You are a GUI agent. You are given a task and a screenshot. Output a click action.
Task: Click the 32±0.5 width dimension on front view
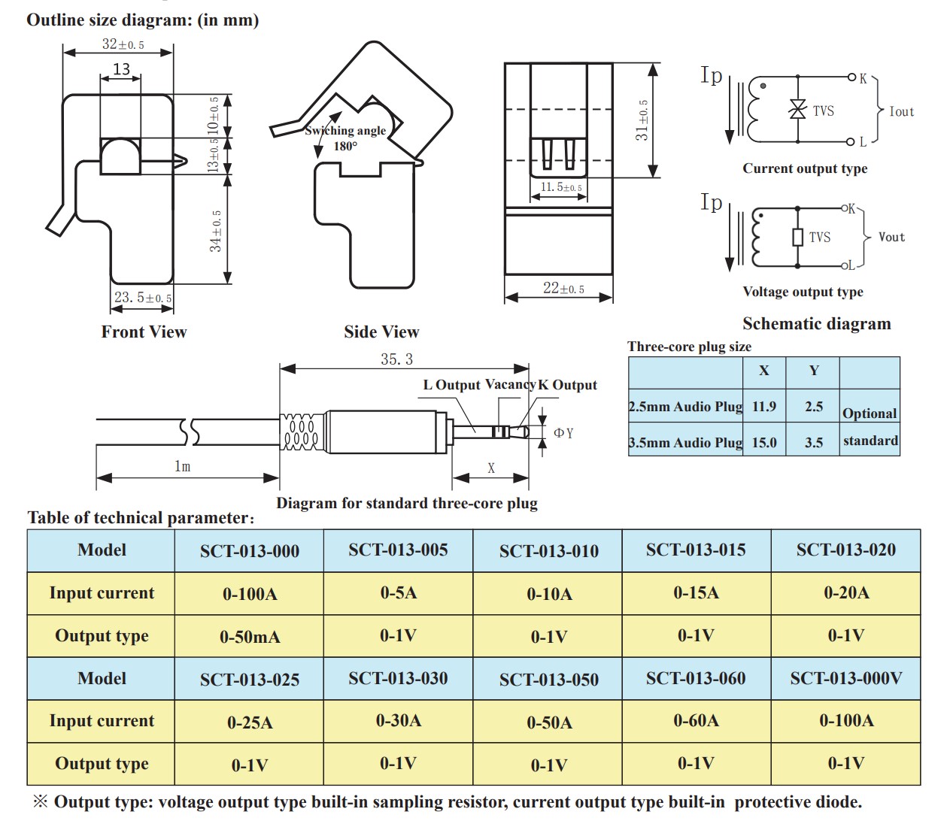(x=123, y=44)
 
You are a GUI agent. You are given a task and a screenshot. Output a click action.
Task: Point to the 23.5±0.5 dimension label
(x=142, y=298)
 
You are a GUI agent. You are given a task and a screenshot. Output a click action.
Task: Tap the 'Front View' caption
(x=144, y=332)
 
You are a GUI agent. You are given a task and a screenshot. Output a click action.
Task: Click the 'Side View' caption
(x=381, y=332)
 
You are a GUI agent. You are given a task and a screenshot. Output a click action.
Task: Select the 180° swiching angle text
(x=345, y=146)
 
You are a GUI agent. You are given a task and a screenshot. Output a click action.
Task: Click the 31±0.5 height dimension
(x=642, y=120)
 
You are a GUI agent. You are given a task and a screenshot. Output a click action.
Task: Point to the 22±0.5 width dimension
(x=563, y=288)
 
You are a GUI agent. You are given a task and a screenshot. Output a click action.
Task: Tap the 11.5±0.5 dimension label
(x=560, y=186)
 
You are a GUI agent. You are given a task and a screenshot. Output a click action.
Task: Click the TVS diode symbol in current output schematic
(x=797, y=110)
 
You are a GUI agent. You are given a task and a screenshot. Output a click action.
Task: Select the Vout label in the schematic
(x=891, y=237)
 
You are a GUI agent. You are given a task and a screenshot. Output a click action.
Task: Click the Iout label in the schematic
(x=901, y=111)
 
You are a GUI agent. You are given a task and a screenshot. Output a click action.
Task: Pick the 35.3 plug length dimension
(x=396, y=359)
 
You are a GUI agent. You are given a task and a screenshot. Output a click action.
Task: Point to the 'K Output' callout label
(x=567, y=385)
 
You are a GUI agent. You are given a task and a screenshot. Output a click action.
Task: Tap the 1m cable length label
(x=182, y=466)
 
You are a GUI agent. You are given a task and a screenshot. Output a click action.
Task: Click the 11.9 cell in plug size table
(x=763, y=407)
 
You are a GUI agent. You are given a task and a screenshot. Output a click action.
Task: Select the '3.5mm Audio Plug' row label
(x=685, y=443)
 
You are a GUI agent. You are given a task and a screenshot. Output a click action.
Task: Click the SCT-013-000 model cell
(x=249, y=551)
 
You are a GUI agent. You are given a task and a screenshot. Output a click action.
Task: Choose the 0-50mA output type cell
(x=249, y=637)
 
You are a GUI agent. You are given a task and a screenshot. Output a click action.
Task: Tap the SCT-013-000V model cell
(x=845, y=678)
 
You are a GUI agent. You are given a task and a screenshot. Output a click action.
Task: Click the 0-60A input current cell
(x=696, y=721)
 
